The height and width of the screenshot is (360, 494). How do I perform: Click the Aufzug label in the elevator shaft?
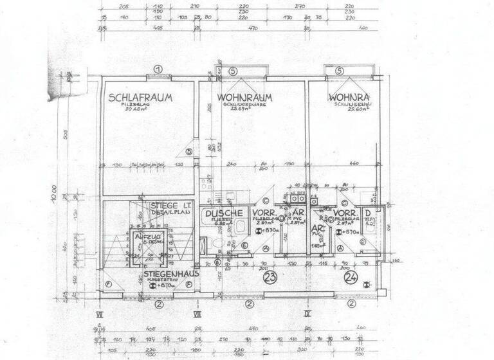coord(148,237)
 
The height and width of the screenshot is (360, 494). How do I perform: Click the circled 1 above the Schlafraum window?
coord(155,70)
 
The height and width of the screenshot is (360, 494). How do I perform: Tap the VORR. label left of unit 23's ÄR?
coord(264,213)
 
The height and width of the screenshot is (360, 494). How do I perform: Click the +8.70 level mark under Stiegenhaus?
coord(166,287)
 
